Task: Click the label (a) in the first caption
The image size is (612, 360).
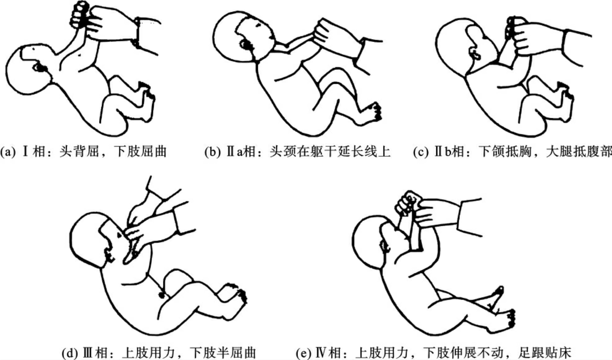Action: [8, 152]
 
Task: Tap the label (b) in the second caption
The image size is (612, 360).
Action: [212, 152]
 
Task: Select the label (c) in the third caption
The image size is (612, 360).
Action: [421, 152]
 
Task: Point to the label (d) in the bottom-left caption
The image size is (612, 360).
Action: [69, 353]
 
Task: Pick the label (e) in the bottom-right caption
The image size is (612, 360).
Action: [304, 353]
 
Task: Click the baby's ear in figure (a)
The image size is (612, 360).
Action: [40, 67]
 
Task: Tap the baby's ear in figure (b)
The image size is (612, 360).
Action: [246, 45]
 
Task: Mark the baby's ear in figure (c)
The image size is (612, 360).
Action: [475, 54]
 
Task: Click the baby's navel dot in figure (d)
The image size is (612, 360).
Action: [162, 295]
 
